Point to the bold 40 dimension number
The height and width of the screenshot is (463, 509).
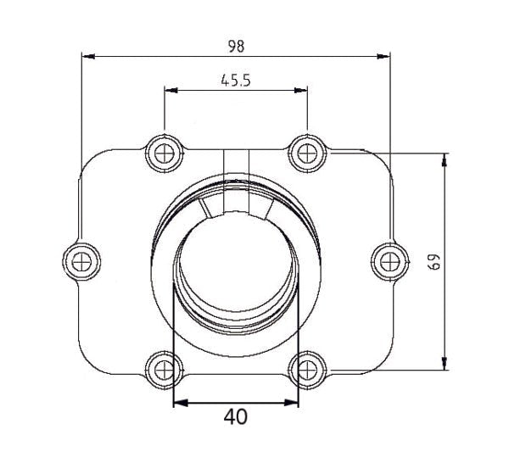pyautogui.click(x=236, y=417)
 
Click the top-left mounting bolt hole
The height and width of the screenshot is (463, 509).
pyautogui.click(x=164, y=153)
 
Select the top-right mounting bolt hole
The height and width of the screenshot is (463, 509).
pyautogui.click(x=305, y=153)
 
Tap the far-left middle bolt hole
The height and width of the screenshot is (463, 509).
pyautogui.click(x=81, y=260)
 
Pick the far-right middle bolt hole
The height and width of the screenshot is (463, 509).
pyautogui.click(x=389, y=260)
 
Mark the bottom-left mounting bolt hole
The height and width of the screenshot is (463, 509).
pyautogui.click(x=164, y=369)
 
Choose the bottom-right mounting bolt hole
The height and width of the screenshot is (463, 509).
pyautogui.click(x=305, y=369)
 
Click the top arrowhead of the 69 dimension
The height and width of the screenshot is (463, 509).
pyautogui.click(x=444, y=159)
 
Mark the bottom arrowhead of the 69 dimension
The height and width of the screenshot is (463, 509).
pyautogui.click(x=444, y=364)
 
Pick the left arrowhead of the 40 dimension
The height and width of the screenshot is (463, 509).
pyautogui.click(x=179, y=402)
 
